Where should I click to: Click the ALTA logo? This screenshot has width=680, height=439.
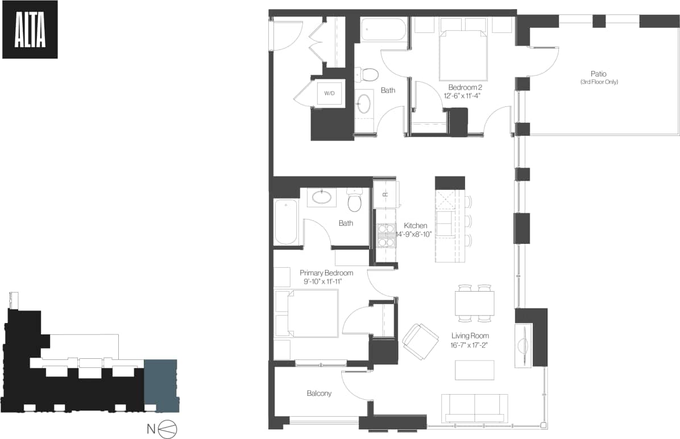pyautogui.click(x=30, y=30)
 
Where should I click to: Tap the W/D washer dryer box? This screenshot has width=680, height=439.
pyautogui.click(x=330, y=93)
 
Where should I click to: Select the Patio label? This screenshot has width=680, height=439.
pyautogui.click(x=598, y=74)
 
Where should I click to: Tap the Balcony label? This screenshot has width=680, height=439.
pyautogui.click(x=319, y=393)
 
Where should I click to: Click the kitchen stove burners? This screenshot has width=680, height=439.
pyautogui.click(x=386, y=235)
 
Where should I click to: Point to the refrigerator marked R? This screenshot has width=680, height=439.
pyautogui.click(x=385, y=193)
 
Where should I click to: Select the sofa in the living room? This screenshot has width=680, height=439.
pyautogui.click(x=475, y=408)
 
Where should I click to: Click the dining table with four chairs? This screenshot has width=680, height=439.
pyautogui.click(x=474, y=303)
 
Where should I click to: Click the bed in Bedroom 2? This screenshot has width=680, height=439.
pyautogui.click(x=463, y=56)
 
